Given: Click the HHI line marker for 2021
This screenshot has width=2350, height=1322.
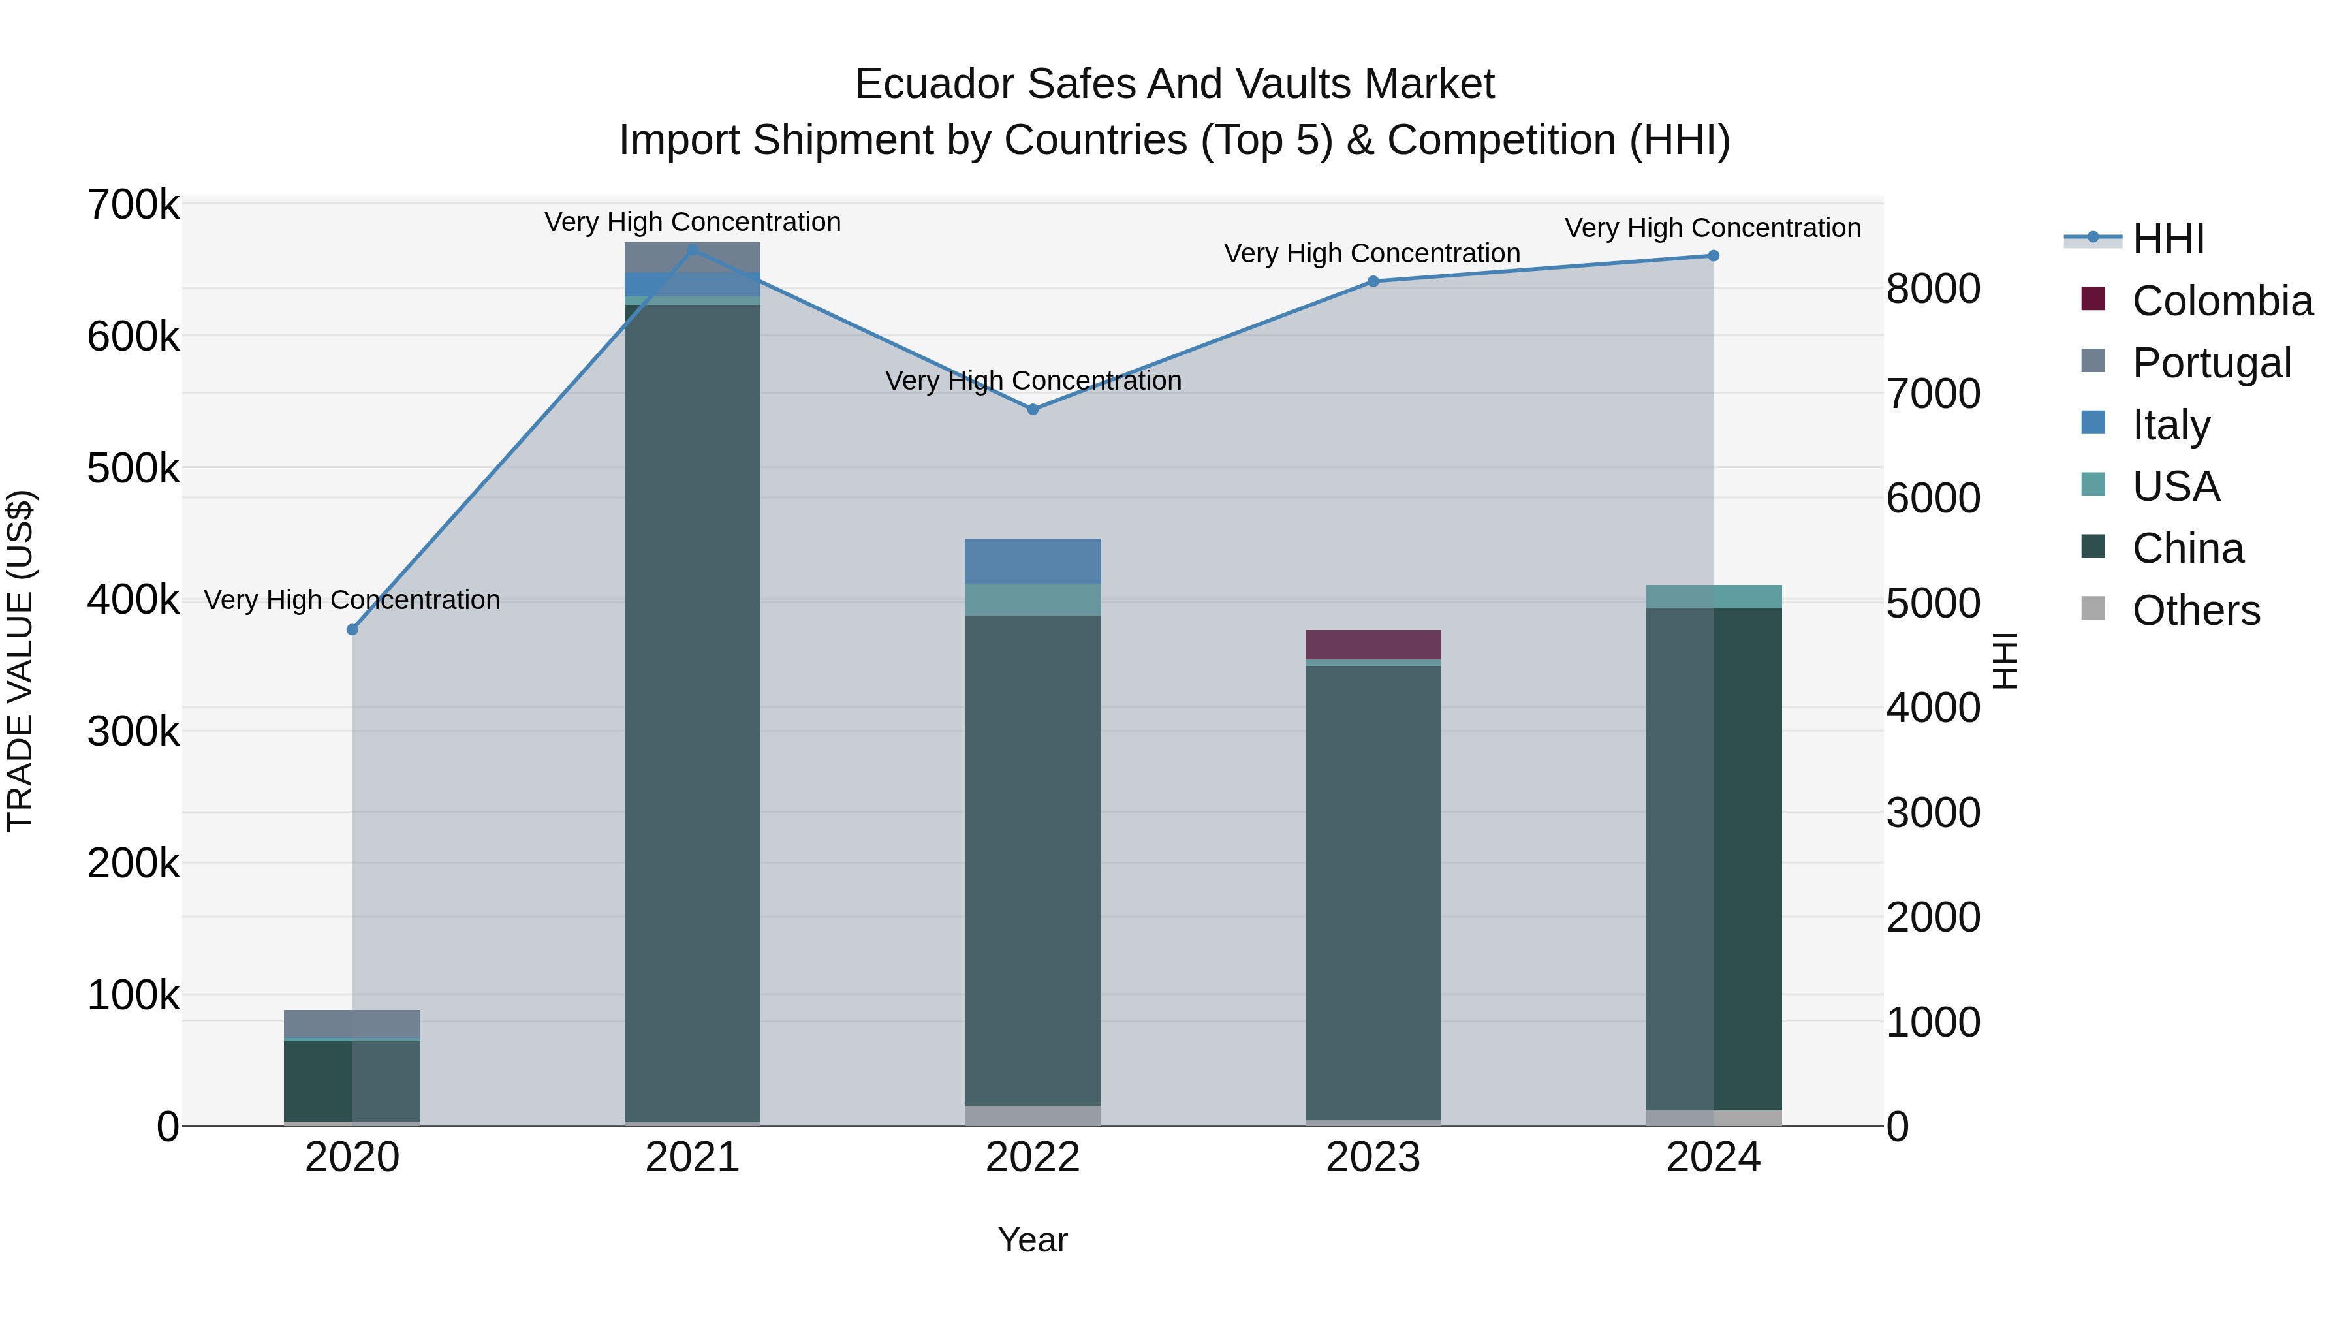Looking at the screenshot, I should click(x=693, y=249).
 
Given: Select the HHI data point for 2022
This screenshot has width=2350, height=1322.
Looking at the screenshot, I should click(x=1033, y=409).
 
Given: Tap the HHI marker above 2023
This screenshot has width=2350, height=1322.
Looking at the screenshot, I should click(x=1373, y=281).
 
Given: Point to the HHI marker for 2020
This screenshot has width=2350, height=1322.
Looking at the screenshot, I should click(x=352, y=629).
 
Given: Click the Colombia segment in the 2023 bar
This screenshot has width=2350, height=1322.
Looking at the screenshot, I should click(x=1373, y=644).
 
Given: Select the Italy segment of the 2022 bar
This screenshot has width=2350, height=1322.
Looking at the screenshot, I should click(x=1033, y=560).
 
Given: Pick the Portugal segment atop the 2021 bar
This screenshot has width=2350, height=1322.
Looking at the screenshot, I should click(x=693, y=257).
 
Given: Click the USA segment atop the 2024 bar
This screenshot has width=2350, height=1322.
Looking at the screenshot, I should click(x=1714, y=596).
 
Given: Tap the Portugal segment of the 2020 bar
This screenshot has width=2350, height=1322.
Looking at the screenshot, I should click(x=352, y=1024).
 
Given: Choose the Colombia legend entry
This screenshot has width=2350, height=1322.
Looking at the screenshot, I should click(x=2221, y=301).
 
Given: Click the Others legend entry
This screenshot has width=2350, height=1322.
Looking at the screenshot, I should click(x=2196, y=610).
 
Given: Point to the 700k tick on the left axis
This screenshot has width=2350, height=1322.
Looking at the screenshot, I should click(x=133, y=205).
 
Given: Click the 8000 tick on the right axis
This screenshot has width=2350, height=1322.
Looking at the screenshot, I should click(x=1933, y=289).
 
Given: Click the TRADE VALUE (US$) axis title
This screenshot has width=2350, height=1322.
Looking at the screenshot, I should click(x=20, y=661).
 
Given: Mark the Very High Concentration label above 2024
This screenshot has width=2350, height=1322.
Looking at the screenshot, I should click(x=1712, y=228).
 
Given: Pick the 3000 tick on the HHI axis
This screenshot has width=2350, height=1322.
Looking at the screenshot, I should click(x=1933, y=813).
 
